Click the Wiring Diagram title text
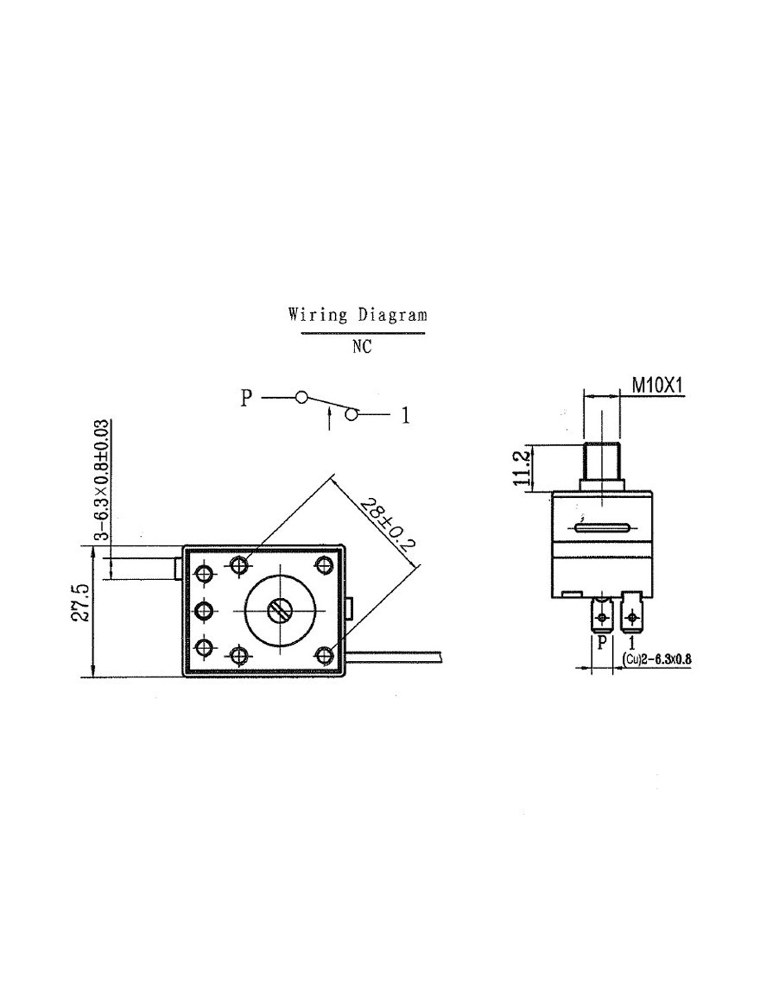point(357,316)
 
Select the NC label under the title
point(361,347)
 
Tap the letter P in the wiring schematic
point(246,398)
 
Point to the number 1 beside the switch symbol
point(406,415)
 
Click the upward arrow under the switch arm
point(330,418)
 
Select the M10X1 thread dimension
point(657,385)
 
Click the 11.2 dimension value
point(522,467)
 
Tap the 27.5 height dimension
point(81,602)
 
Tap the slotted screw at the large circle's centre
point(279,610)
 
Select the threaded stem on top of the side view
point(602,461)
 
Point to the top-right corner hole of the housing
point(323,566)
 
